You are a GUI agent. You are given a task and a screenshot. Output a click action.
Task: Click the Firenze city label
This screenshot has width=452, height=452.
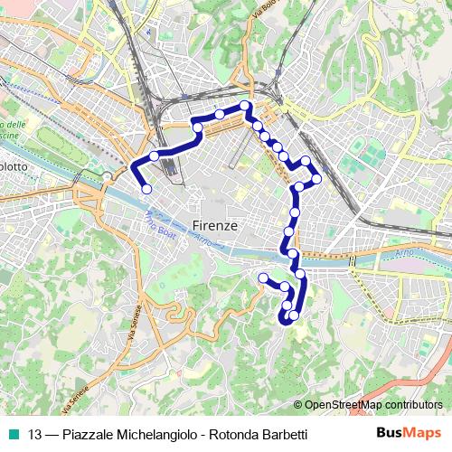[x=215, y=225]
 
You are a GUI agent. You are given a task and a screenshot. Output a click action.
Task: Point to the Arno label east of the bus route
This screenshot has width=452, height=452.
[x=403, y=257]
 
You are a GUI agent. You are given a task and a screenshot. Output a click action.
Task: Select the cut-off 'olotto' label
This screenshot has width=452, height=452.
[x=14, y=167]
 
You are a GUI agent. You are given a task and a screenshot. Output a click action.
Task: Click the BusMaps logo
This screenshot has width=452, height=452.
[x=410, y=434]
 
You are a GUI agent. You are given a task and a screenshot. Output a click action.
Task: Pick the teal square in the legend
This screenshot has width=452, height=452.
[x=13, y=435]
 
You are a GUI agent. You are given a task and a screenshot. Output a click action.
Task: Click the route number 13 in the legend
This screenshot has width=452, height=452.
[x=34, y=435]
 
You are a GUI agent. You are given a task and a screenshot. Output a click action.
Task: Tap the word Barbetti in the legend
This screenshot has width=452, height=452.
[x=282, y=435]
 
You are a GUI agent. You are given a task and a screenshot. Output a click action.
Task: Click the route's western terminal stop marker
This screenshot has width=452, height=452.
[x=146, y=189]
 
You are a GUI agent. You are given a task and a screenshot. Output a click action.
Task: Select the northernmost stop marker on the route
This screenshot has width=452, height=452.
[x=245, y=106]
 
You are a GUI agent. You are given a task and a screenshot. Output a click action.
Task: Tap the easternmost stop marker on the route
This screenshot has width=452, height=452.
[x=316, y=179]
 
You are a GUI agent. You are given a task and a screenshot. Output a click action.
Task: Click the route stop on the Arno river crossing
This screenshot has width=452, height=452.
[x=290, y=251]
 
